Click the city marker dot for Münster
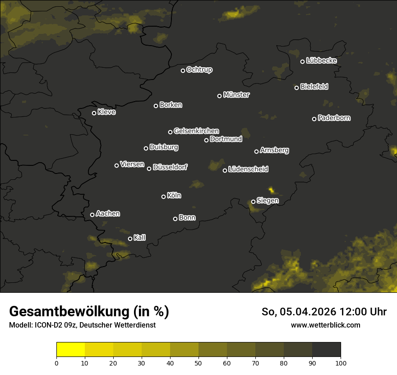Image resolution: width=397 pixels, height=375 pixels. pyautogui.click(x=220, y=96)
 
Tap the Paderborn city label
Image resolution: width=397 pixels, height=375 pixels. pyautogui.click(x=334, y=118)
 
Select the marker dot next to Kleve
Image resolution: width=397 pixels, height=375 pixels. pyautogui.click(x=94, y=113)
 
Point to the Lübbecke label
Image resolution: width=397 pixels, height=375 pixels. pyautogui.click(x=321, y=61)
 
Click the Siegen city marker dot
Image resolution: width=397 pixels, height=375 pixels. pyautogui.click(x=253, y=202)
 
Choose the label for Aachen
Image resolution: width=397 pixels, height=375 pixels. pyautogui.click(x=108, y=214)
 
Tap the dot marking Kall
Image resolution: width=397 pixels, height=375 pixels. pyautogui.click(x=130, y=239)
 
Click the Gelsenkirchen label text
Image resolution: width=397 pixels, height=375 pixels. pyautogui.click(x=196, y=131)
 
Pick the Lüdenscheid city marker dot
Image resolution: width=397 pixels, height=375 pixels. pyautogui.click(x=225, y=170)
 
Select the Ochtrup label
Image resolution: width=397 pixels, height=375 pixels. pyautogui.click(x=199, y=70)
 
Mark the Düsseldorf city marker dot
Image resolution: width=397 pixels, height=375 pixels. pyautogui.click(x=149, y=169)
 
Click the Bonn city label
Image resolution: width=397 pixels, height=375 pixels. pyautogui.click(x=187, y=218)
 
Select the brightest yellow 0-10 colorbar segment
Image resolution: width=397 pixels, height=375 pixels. pyautogui.click(x=71, y=350)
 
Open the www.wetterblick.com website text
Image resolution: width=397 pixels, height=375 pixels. pyautogui.click(x=325, y=325)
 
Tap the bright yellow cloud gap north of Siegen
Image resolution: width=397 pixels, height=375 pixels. pyautogui.click(x=271, y=190)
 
